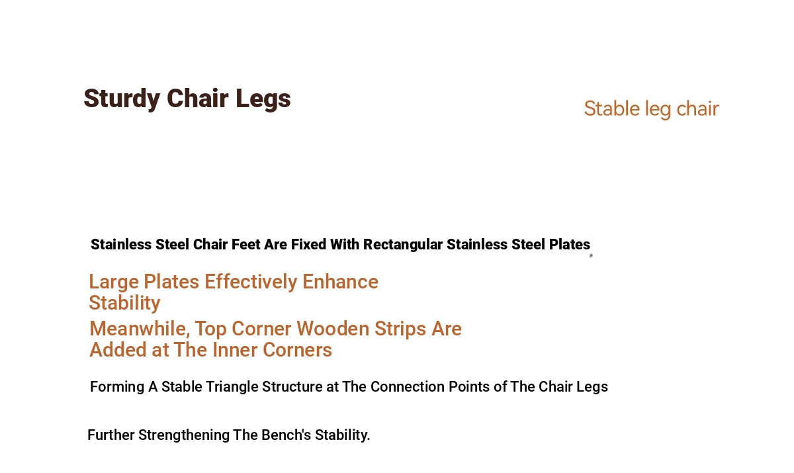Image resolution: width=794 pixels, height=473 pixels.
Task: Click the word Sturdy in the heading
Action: pyautogui.click(x=122, y=99)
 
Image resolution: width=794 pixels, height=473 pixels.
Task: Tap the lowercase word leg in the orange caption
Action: pyautogui.click(x=658, y=109)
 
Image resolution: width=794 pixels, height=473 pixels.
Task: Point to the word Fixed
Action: pyautogui.click(x=308, y=245)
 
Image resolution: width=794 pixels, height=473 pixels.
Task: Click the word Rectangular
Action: pyautogui.click(x=403, y=245)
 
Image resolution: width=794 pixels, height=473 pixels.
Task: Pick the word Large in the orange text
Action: pyautogui.click(x=113, y=282)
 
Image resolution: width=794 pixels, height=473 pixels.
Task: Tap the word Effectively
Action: pyautogui.click(x=251, y=282)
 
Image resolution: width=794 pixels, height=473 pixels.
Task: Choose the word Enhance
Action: pyautogui.click(x=340, y=282)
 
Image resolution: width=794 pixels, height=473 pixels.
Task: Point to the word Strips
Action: pyautogui.click(x=400, y=329)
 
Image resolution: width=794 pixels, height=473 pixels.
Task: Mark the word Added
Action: pyautogui.click(x=118, y=350)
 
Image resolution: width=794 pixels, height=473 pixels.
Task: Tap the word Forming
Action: pyautogui.click(x=117, y=387)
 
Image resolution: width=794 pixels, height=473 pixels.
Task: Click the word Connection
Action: pyautogui.click(x=408, y=386)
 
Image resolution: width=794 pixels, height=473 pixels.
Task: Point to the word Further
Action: pyautogui.click(x=111, y=435)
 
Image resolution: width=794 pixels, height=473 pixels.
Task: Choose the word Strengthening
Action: pyautogui.click(x=184, y=435)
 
